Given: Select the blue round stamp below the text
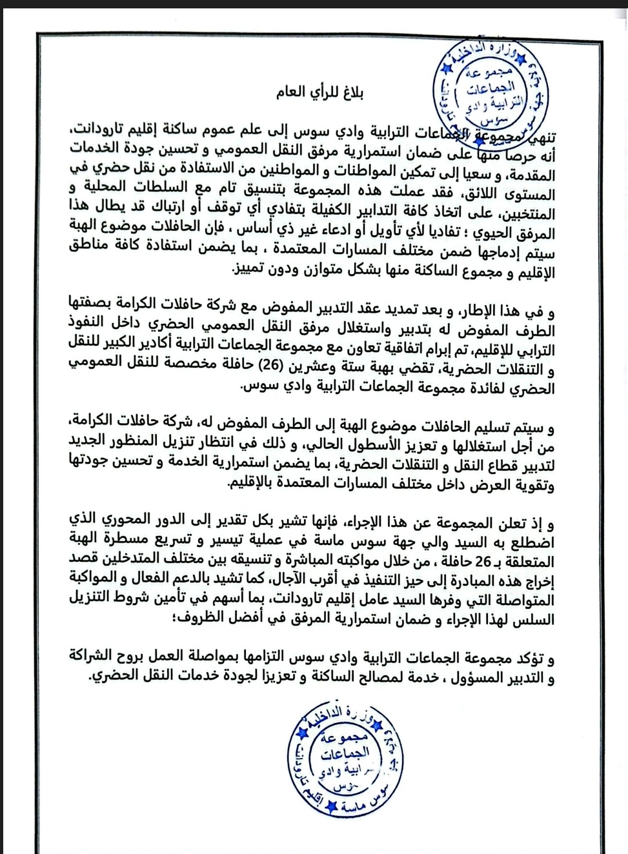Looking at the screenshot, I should tap(345, 751).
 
